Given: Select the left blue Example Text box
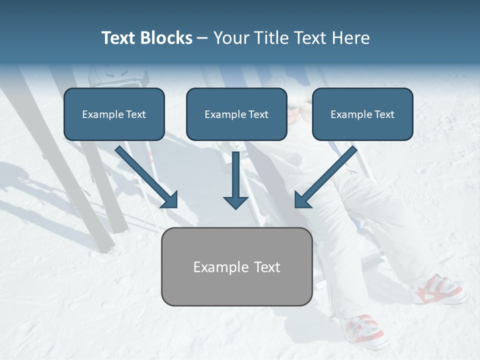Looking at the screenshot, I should [x=114, y=114].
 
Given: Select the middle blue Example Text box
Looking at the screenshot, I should [x=236, y=114].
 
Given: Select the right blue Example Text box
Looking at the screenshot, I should [x=362, y=114].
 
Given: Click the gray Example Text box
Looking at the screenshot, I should [x=236, y=266].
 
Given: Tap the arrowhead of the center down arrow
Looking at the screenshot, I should [x=235, y=202].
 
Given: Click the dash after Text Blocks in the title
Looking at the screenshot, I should [x=202, y=38].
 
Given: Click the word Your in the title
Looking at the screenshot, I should [x=229, y=38].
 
